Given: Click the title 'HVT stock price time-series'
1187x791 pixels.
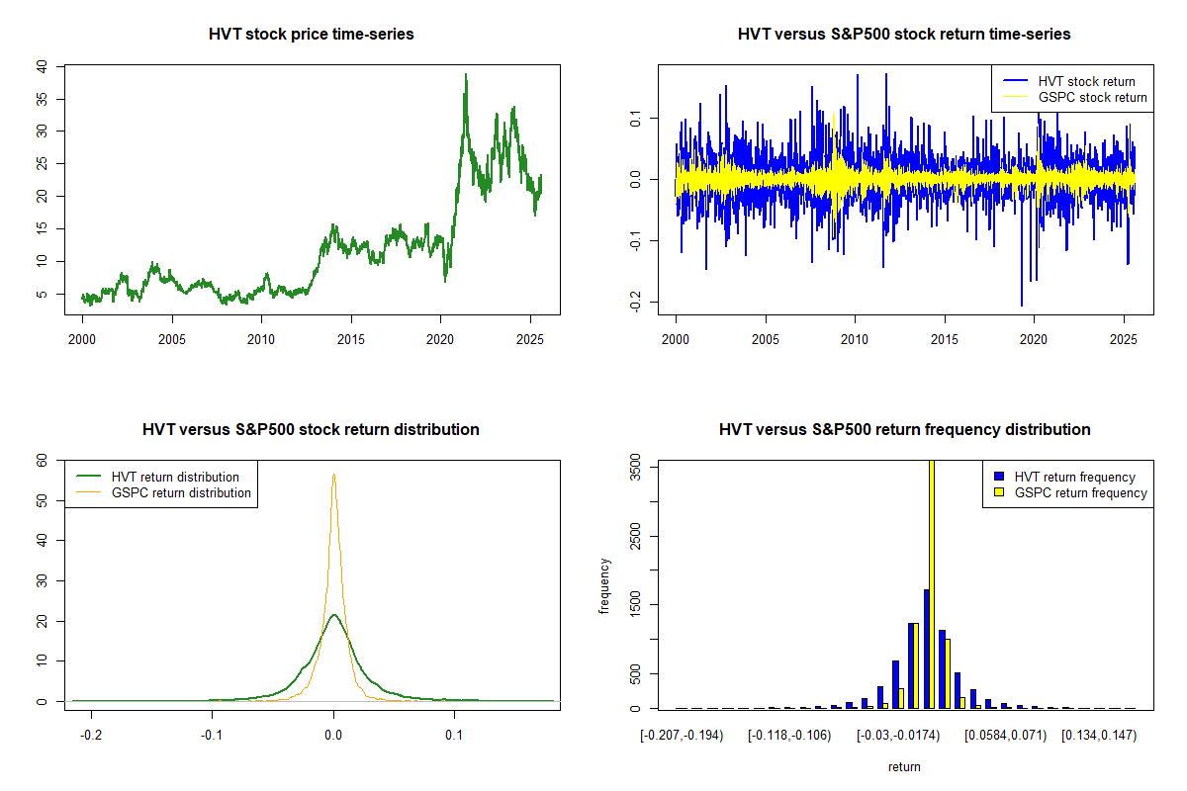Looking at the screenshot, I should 312,35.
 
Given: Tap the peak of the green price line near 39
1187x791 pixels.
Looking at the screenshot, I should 466,75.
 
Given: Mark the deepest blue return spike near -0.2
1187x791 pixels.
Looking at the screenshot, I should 1022,305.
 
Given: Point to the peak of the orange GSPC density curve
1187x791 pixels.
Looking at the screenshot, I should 334,475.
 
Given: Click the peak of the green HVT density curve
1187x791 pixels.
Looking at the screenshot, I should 334,615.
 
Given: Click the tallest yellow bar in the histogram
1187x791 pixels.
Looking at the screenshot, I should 931,583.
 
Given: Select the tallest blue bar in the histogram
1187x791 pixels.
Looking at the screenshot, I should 926,649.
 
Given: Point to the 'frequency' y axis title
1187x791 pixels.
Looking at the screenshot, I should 604,586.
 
